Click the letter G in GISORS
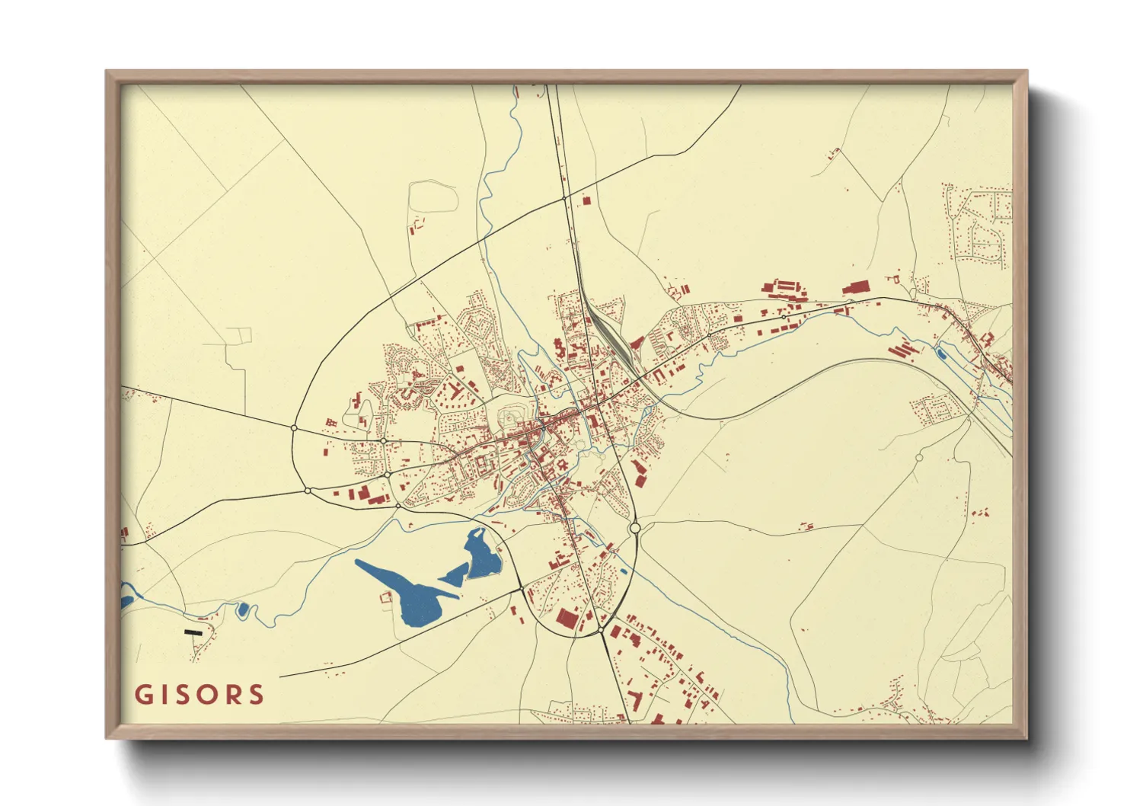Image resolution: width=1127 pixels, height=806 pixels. [143, 695]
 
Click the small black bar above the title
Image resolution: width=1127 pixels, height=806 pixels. [193, 632]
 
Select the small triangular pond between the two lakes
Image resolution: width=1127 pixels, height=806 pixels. [452, 577]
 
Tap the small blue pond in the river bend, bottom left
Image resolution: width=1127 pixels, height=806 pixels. [243, 609]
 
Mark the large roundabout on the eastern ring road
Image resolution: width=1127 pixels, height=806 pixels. [635, 528]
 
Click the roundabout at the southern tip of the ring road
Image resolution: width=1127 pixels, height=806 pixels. [600, 631]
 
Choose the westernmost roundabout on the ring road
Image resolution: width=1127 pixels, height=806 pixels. [294, 428]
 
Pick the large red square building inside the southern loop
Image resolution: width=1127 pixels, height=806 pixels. [567, 619]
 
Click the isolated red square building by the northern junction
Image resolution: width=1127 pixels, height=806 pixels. [586, 201]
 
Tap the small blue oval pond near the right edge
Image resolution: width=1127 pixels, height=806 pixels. [940, 353]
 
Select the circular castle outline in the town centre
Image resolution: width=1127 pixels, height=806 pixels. [512, 415]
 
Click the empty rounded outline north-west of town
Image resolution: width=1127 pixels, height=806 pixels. [433, 197]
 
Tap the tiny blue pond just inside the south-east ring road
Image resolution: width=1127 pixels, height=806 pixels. [624, 571]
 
